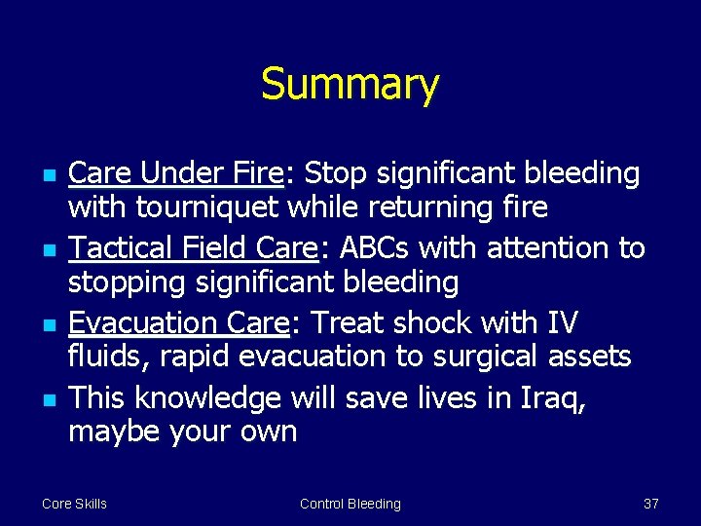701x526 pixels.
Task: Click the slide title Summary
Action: click(x=350, y=85)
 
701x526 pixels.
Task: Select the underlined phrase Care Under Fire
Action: click(x=175, y=173)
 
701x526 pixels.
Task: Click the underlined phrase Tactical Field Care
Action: click(x=194, y=248)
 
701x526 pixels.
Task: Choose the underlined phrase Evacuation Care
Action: click(x=176, y=322)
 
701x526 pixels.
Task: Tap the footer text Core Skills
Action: click(x=74, y=504)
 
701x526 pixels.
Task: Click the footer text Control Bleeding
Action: click(x=350, y=504)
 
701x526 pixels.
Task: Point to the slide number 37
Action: click(x=651, y=504)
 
